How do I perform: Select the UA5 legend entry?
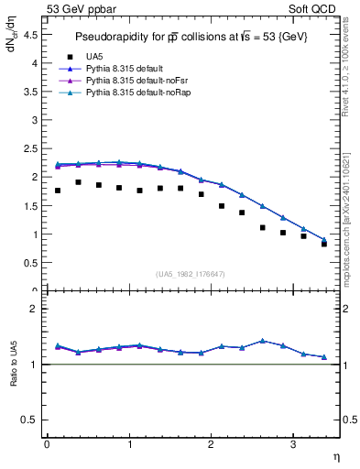pos(91,56)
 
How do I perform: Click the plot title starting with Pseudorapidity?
pos(192,38)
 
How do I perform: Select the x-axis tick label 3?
pos(292,444)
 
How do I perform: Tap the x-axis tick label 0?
pos(47,444)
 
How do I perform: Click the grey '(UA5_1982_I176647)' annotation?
pos(191,274)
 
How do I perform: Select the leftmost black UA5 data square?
pos(58,191)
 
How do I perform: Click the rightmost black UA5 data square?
pos(324,244)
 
